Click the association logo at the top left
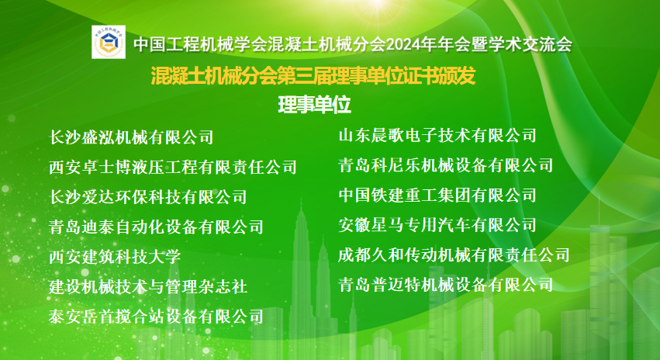108,44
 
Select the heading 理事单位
314,104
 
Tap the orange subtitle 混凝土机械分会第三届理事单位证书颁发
312,77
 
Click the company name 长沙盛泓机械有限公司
131,137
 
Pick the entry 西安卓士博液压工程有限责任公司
172,167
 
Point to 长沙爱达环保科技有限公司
147,197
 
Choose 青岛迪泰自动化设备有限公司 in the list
156,227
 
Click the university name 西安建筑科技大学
114,257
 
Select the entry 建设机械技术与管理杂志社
147,286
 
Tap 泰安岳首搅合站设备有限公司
156,317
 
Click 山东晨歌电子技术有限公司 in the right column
437,136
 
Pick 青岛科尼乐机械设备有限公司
446,165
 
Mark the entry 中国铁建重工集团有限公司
437,195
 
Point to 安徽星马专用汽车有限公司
437,225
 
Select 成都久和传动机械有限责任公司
454,254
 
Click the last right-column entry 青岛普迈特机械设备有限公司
446,285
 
